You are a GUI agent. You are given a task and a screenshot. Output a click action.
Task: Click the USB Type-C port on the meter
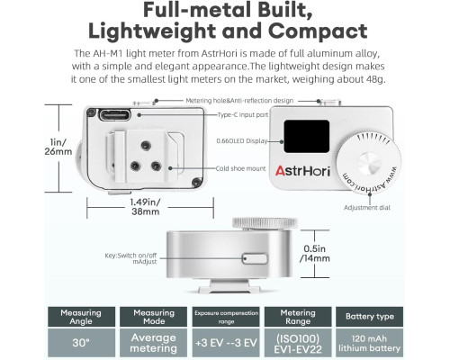pyautogui.click(x=115, y=115)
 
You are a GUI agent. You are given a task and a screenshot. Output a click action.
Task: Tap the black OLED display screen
pyautogui.click(x=307, y=137)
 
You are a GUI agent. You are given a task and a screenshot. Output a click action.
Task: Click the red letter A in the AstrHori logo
pyautogui.click(x=280, y=170)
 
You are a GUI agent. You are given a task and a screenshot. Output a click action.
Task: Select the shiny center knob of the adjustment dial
pyautogui.click(x=369, y=164)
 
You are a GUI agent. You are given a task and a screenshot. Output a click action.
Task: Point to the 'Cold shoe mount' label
pyautogui.click(x=240, y=168)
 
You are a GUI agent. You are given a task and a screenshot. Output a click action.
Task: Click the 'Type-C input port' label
pyautogui.click(x=243, y=114)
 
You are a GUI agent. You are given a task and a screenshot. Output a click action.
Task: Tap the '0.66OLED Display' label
pyautogui.click(x=242, y=141)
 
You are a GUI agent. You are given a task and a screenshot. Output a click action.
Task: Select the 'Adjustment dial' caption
pyautogui.click(x=367, y=208)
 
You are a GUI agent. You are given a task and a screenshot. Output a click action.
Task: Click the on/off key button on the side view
pyautogui.click(x=255, y=258)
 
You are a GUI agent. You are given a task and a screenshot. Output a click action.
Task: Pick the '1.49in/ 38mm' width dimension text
pyautogui.click(x=146, y=207)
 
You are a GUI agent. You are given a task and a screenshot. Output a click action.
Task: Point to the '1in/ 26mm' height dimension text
pyautogui.click(x=58, y=147)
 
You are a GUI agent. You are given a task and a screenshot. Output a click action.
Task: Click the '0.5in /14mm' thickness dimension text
pyautogui.click(x=315, y=254)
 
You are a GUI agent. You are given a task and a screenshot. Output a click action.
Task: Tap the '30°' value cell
pyautogui.click(x=81, y=343)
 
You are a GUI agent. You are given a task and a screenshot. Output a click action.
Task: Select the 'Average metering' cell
pyautogui.click(x=153, y=343)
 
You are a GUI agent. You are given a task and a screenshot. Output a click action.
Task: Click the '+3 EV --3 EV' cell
pyautogui.click(x=226, y=343)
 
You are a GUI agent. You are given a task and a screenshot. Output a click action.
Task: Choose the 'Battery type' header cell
pyautogui.click(x=370, y=317)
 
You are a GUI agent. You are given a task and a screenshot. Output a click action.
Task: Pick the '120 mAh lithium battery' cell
pyautogui.click(x=370, y=343)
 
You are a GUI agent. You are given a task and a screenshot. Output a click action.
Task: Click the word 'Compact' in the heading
pyautogui.click(x=318, y=31)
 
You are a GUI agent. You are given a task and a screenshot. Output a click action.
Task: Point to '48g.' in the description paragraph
pyautogui.click(x=375, y=79)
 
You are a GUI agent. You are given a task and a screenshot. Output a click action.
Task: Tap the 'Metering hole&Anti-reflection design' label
pyautogui.click(x=239, y=101)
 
